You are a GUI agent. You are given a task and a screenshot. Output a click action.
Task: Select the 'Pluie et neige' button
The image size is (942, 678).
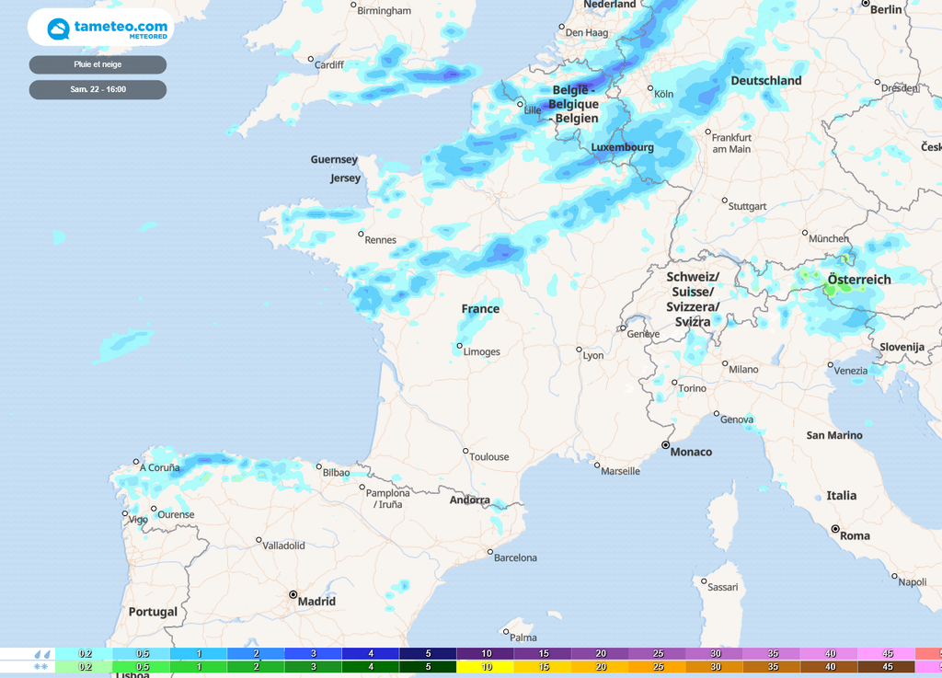pos(98,64)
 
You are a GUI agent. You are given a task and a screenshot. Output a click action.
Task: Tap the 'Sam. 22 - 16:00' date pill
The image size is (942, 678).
pos(98,89)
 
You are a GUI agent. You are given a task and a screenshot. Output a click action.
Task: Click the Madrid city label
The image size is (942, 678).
pos(316,602)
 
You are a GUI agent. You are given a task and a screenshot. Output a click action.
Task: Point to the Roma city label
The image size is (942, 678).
pos(855,535)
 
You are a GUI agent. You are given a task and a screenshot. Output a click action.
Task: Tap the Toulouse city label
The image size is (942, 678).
pos(488,457)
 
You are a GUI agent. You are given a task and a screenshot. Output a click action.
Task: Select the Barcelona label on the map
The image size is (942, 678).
pos(515,558)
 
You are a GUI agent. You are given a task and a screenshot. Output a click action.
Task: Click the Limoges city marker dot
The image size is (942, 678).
pos(459,346)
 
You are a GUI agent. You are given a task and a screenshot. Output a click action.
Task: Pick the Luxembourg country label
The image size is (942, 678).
pos(622,147)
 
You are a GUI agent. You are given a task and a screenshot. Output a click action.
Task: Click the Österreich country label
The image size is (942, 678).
pos(859,280)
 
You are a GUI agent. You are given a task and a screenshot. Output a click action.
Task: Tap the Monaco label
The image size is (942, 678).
pos(691,452)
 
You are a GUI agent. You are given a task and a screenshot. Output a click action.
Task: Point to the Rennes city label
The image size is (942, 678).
pos(380,240)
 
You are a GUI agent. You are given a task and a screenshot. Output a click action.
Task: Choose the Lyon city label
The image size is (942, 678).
pos(593,355)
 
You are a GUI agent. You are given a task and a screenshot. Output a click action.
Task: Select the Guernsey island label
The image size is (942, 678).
pos(334,160)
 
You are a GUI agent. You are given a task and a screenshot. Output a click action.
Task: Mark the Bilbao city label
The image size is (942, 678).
pos(336,473)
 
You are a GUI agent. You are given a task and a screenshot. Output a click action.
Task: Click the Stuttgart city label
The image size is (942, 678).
pos(747,207)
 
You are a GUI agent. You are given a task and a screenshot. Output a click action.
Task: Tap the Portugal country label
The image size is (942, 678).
pos(153,612)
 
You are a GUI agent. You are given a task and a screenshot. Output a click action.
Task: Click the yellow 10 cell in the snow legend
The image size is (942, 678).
pos(485,666)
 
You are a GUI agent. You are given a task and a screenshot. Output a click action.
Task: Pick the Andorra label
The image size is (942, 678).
pos(469,500)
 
